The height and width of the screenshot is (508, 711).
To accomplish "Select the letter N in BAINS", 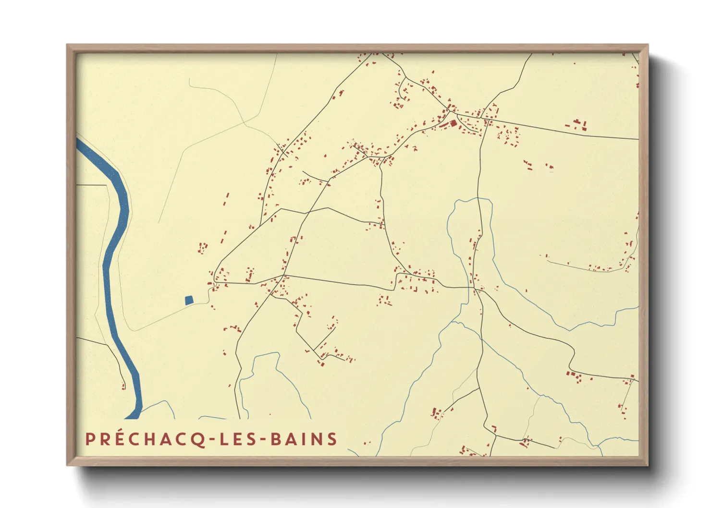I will tap(318, 439).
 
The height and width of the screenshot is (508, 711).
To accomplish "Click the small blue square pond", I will tap(189, 300).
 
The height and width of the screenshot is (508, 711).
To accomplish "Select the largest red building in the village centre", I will tap(453, 123).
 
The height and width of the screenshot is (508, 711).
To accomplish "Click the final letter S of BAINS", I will tap(332, 439).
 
